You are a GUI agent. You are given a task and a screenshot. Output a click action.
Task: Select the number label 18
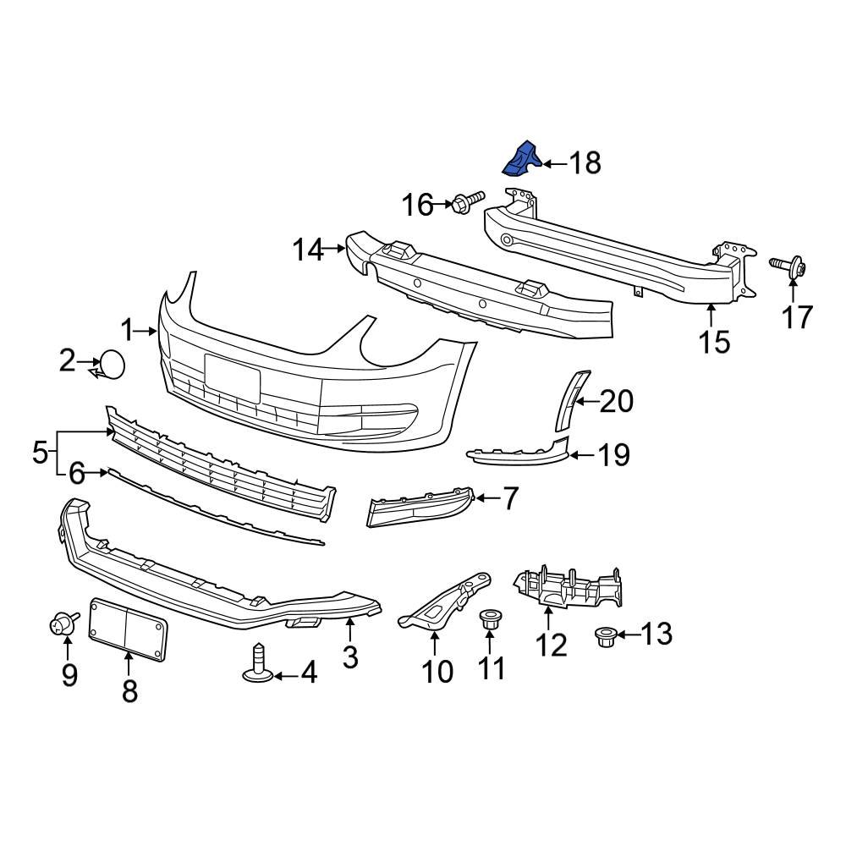point(584,162)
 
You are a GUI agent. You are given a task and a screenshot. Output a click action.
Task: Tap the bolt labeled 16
point(464,202)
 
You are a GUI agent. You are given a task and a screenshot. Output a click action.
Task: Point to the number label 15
point(714,342)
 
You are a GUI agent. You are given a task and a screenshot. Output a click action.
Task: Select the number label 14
point(309,250)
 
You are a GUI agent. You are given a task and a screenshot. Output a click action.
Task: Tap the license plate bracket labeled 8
point(129,626)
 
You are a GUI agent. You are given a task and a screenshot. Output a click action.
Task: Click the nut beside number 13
point(605,635)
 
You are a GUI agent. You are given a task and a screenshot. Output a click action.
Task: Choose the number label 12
point(551,645)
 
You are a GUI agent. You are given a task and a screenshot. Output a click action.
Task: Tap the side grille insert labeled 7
point(418,507)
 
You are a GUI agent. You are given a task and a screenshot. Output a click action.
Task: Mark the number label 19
point(614,455)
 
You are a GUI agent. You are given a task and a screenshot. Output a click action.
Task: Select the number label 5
point(40,453)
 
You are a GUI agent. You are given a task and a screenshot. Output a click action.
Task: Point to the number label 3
point(350,656)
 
